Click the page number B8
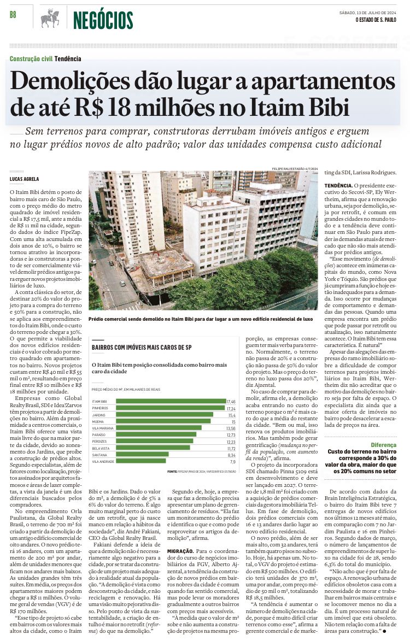[x=13, y=15]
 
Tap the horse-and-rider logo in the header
[x=50, y=19]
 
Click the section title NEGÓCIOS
[x=103, y=20]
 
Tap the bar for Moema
[x=163, y=421]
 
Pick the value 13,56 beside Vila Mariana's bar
[x=231, y=428]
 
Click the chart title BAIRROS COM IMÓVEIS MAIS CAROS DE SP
[x=142, y=348]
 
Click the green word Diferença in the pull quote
[x=383, y=445]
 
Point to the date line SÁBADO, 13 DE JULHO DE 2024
[x=368, y=13]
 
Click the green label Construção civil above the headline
[x=31, y=59]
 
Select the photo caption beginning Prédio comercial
[x=201, y=318]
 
